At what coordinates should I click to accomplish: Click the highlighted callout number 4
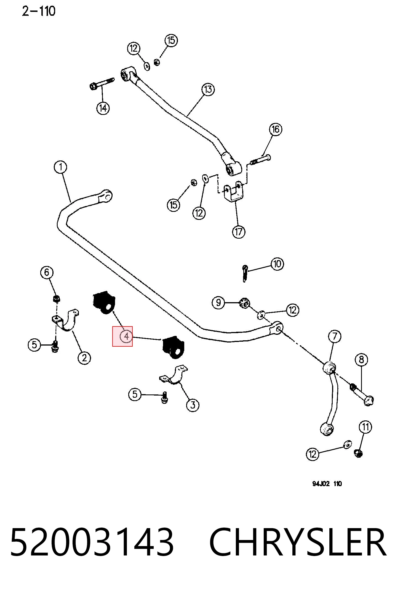tap(126, 336)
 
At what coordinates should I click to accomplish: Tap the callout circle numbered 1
tap(60, 167)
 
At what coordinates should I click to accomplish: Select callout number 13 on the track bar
tap(208, 89)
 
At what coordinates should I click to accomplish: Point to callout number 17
tap(239, 231)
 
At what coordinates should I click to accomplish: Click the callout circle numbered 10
tap(277, 264)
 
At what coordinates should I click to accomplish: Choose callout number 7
tap(335, 336)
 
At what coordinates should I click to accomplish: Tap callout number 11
tap(365, 427)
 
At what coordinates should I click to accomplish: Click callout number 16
tap(276, 129)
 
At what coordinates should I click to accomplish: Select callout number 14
tap(103, 108)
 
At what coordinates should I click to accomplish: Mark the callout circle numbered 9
tap(218, 303)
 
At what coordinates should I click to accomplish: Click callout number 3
tap(193, 405)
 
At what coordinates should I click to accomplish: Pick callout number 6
tap(47, 272)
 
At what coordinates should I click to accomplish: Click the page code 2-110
tap(39, 11)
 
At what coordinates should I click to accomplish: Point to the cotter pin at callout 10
tap(245, 273)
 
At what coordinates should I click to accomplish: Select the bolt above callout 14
tap(102, 83)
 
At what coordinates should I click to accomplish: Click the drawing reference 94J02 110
tap(327, 491)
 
